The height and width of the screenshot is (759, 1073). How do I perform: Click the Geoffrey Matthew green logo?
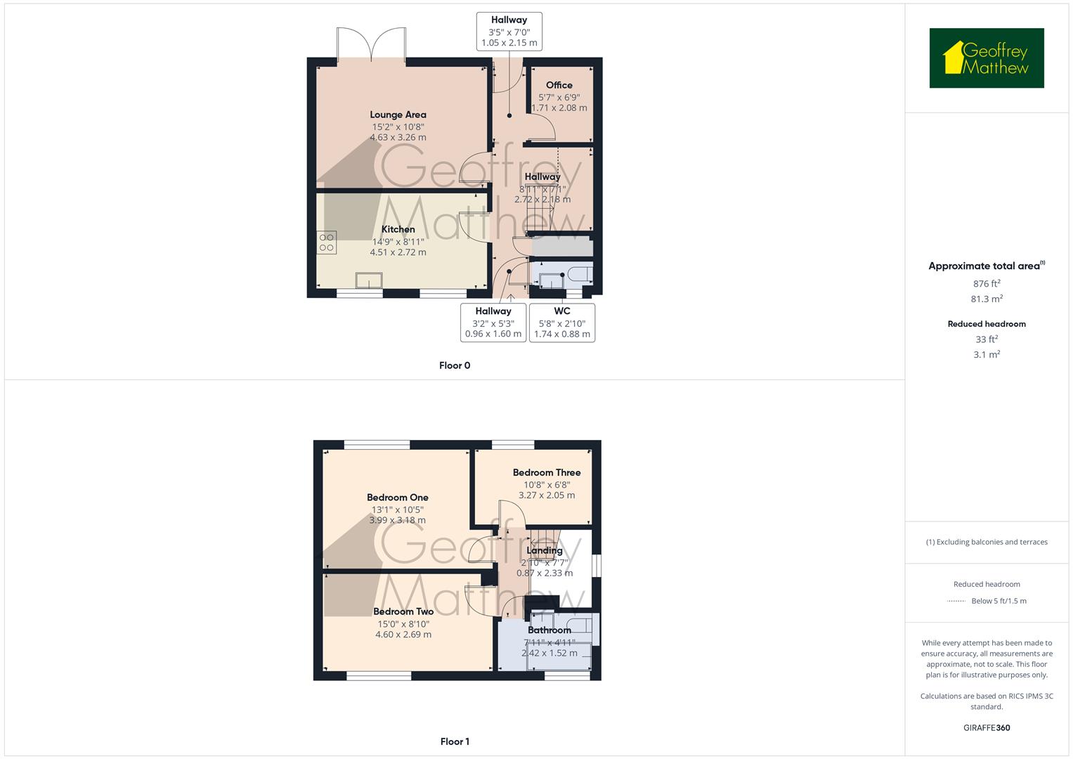tap(987, 58)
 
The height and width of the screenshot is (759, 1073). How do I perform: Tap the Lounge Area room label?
tap(398, 115)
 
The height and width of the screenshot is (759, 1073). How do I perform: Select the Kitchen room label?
tap(398, 229)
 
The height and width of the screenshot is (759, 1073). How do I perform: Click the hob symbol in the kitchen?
tap(327, 242)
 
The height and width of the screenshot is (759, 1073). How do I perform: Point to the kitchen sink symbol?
tap(369, 280)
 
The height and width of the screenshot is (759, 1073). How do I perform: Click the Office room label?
tap(559, 85)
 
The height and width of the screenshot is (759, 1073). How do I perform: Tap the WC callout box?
tap(562, 323)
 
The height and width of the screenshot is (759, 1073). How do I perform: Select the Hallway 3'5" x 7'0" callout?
tap(509, 32)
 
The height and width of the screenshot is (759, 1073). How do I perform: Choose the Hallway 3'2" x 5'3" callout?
tap(493, 323)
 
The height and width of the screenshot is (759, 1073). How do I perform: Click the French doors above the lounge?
tap(371, 46)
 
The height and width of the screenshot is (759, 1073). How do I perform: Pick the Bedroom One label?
tap(398, 498)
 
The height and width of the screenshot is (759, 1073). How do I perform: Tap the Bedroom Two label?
tap(403, 611)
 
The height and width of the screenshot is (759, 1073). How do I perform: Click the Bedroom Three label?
tap(547, 472)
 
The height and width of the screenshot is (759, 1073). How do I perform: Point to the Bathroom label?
tap(549, 630)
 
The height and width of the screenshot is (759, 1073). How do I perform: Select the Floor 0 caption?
tap(455, 365)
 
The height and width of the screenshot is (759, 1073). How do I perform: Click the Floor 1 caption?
tap(455, 741)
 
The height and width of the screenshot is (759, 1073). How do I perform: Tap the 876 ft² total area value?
tap(987, 284)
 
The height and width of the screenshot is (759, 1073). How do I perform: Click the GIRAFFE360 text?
tap(987, 727)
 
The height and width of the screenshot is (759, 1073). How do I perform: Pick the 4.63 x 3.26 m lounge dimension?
tap(398, 138)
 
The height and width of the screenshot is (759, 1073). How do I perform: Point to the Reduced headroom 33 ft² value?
tap(987, 339)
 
